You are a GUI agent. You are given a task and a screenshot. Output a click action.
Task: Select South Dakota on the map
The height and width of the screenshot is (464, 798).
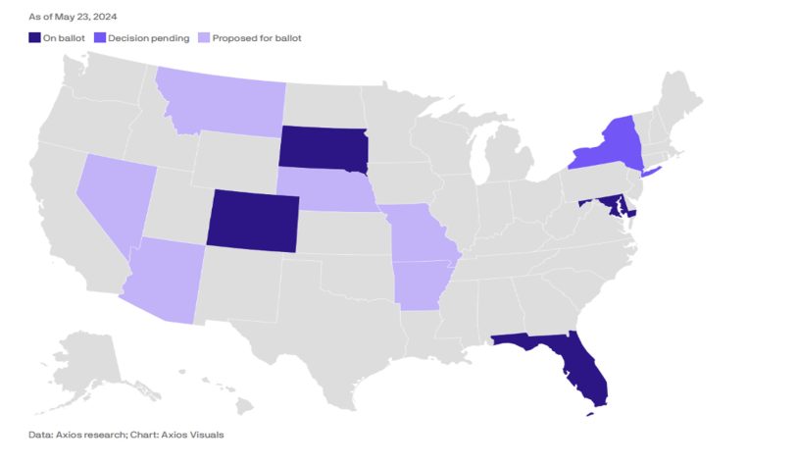pyautogui.click(x=324, y=147)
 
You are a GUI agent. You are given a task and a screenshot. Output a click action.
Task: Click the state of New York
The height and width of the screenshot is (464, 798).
pyautogui.click(x=612, y=147)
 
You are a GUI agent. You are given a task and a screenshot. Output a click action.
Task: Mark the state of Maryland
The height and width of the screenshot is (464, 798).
pyautogui.click(x=614, y=204)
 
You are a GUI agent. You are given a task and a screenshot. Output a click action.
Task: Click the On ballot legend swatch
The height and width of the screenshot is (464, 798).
pyautogui.click(x=34, y=38)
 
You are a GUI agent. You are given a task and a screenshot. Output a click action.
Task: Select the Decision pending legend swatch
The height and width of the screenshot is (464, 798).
pyautogui.click(x=101, y=38)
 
